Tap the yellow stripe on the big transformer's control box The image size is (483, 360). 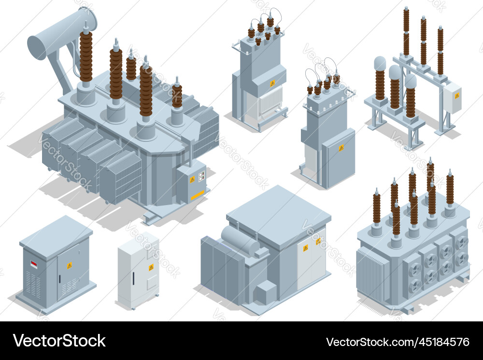point(198,195)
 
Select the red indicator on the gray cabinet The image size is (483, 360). point(33,264)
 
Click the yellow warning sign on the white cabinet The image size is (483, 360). point(151,267)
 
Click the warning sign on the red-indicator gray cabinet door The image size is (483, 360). point(70,265)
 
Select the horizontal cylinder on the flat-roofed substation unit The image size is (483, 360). point(240,240)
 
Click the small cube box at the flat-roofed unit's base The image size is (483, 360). point(265,292)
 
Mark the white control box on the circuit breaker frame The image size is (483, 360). point(452,98)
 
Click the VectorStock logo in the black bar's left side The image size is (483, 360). point(59,341)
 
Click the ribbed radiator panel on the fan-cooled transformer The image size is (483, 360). point(372,275)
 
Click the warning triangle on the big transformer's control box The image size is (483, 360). point(192,180)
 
